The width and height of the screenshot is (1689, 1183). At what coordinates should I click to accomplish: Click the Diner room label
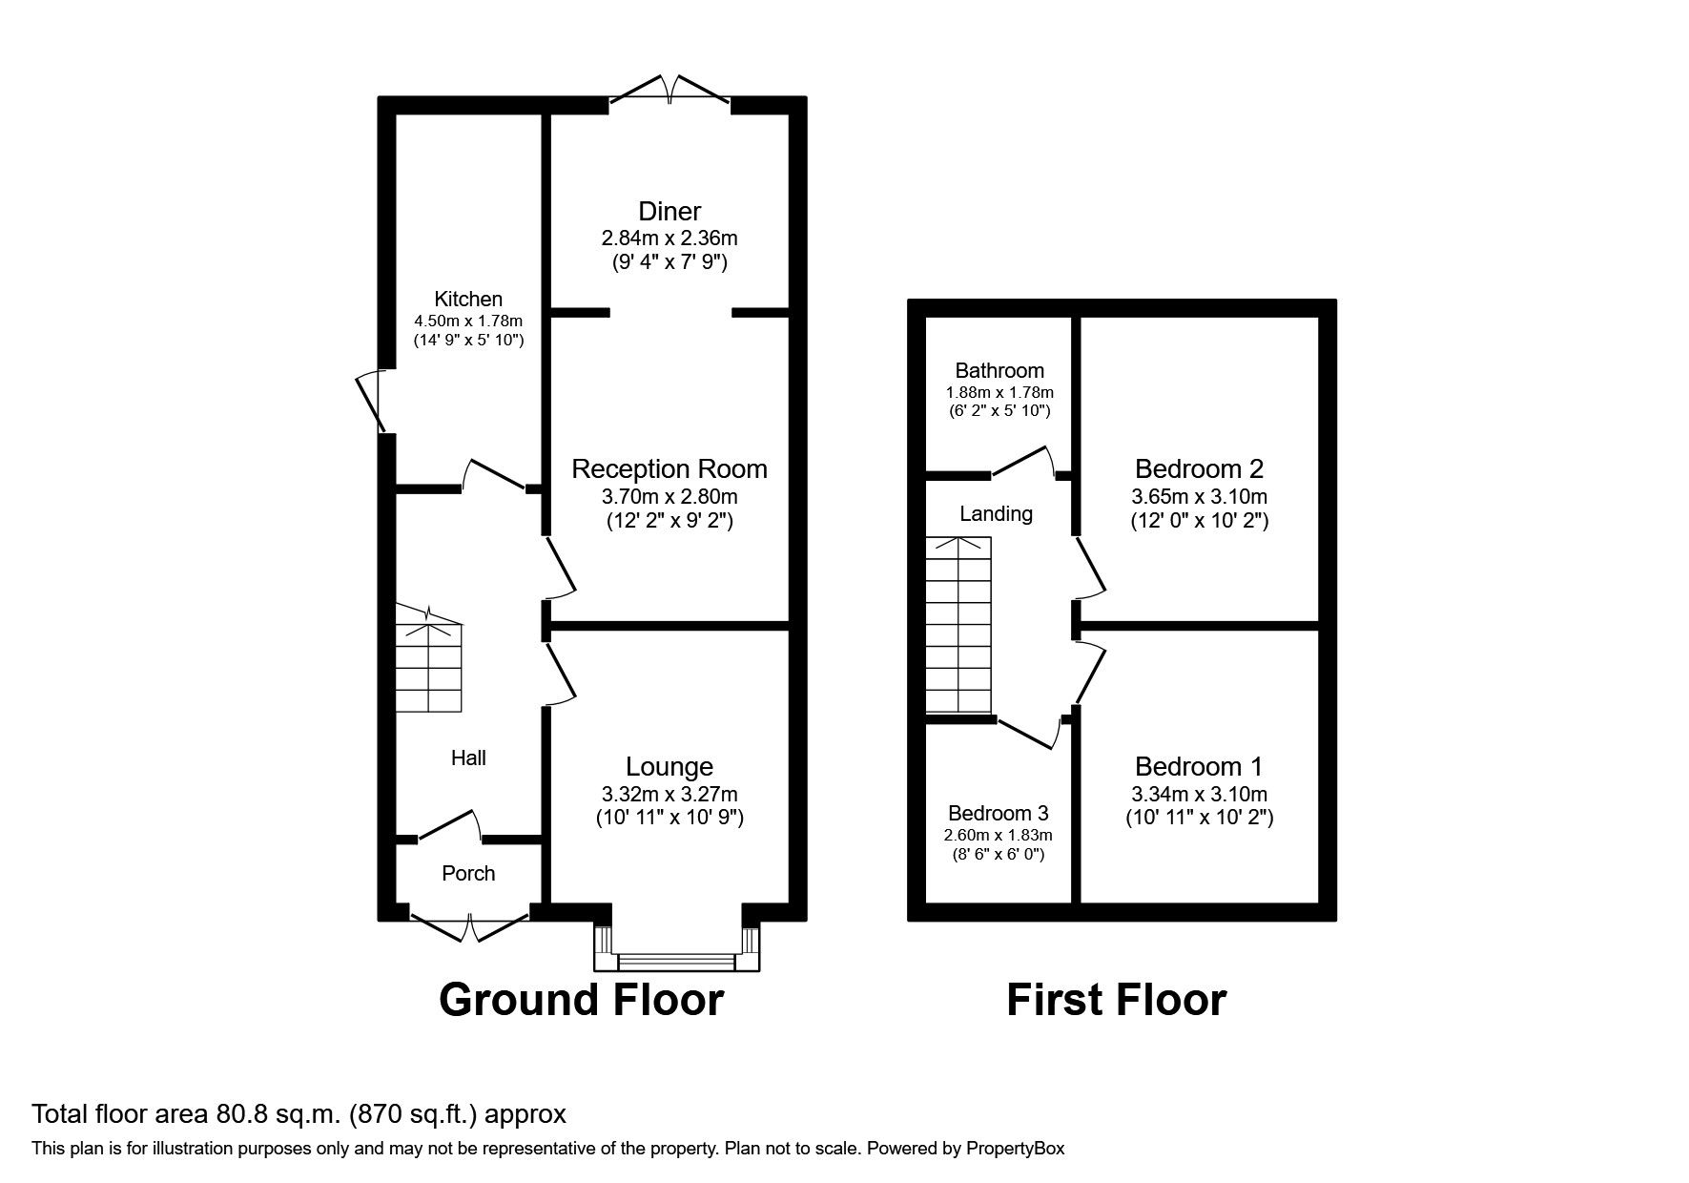[x=669, y=211]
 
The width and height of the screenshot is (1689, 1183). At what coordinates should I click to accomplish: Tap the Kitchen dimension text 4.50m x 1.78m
[x=468, y=321]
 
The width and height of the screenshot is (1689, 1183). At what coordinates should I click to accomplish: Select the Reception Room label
[x=669, y=468]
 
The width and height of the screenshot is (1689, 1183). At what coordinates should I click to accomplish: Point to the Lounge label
[x=669, y=766]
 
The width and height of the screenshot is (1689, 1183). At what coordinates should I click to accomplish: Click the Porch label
[x=468, y=873]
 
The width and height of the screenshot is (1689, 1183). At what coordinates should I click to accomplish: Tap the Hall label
[x=468, y=758]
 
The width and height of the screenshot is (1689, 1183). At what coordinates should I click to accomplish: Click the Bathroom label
[x=999, y=370]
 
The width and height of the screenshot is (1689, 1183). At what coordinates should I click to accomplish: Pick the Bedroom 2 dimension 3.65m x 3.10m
[x=1199, y=496]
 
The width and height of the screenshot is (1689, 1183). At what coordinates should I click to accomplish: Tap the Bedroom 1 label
[x=1199, y=766]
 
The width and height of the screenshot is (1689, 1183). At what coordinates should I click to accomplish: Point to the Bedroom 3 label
[x=999, y=813]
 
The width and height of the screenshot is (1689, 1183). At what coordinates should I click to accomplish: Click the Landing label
[x=996, y=513]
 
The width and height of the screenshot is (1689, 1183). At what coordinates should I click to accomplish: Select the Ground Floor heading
[x=581, y=1000]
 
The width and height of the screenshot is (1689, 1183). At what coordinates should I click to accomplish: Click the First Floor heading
[x=1116, y=1000]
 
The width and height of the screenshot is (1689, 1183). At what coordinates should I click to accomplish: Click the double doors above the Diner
[x=670, y=91]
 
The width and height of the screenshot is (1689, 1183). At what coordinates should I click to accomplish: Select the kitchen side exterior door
[x=370, y=402]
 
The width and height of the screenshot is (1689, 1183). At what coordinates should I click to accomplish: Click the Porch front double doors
[x=470, y=924]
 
